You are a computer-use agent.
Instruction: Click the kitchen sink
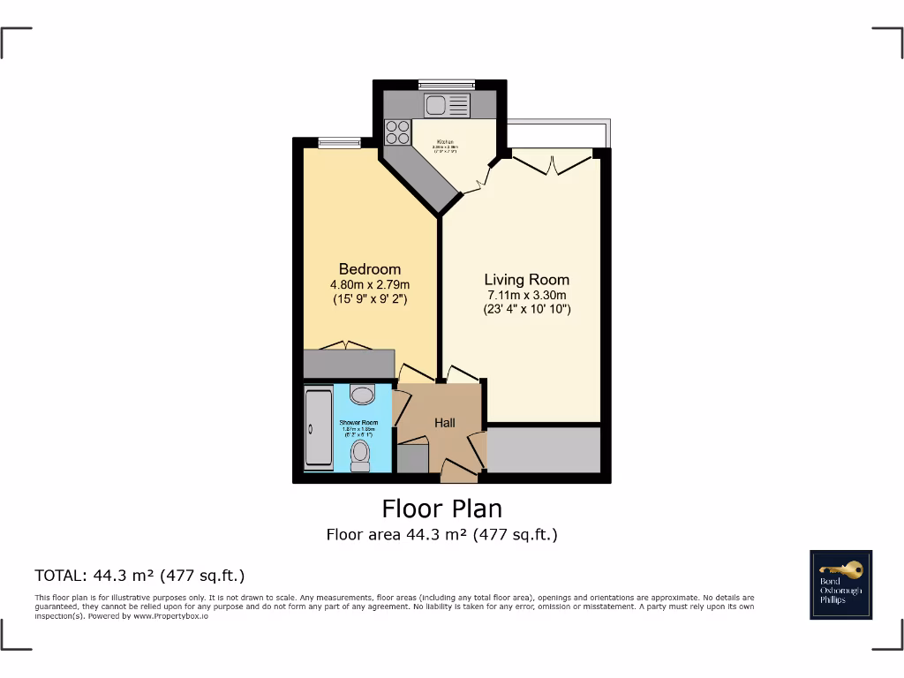pos(447,106)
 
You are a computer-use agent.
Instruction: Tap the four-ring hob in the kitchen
pos(397,132)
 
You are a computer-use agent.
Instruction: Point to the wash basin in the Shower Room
pos(362,392)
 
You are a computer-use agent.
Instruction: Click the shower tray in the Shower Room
pos(318,428)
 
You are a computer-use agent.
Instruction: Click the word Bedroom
pos(370,269)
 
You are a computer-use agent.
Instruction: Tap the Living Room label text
pos(526,280)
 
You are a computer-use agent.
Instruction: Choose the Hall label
pos(445,423)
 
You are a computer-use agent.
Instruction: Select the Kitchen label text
pos(445,141)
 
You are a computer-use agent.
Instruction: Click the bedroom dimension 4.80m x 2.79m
pos(370,284)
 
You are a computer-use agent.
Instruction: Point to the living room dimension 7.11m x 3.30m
pos(526,295)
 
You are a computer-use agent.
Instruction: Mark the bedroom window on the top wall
pos(339,142)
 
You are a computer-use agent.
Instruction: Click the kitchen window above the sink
pos(447,85)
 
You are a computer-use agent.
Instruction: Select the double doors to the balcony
pos(552,162)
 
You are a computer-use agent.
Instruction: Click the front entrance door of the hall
pos(459,474)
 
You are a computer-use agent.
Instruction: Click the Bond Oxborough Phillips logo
pos(840,584)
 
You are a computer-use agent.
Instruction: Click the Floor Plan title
pos(441,508)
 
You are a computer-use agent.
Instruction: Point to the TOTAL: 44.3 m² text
pos(139,575)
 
